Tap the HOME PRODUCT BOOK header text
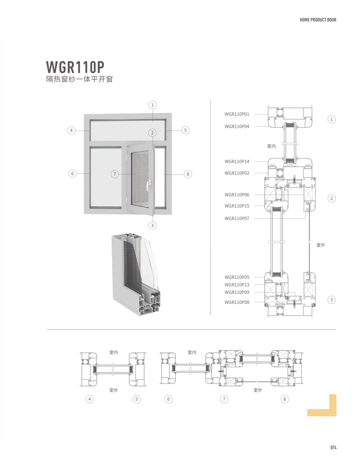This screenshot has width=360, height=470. pyautogui.click(x=318, y=20)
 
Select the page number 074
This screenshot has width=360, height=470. pyautogui.click(x=333, y=447)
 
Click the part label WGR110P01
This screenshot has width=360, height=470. pyautogui.click(x=237, y=114)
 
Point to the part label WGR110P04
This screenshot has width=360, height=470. pyautogui.click(x=237, y=127)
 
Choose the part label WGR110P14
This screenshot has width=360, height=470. pyautogui.click(x=237, y=162)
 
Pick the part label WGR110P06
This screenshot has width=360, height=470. pyautogui.click(x=237, y=195)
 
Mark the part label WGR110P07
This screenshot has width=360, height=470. pyautogui.click(x=237, y=219)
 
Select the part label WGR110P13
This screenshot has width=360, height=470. pyautogui.click(x=237, y=285)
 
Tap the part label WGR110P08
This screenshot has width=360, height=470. pyautogui.click(x=237, y=302)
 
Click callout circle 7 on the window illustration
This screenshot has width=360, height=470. pyautogui.click(x=115, y=174)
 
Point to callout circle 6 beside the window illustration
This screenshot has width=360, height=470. pyautogui.click(x=72, y=173)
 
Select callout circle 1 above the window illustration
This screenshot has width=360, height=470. pyautogui.click(x=152, y=105)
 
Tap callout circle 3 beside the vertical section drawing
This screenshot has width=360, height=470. pyautogui.click(x=331, y=300)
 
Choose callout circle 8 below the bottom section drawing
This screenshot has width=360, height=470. pyautogui.click(x=285, y=399)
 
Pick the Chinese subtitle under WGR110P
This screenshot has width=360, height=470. pyautogui.click(x=79, y=79)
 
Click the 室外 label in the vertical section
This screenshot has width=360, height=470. pyautogui.click(x=321, y=245)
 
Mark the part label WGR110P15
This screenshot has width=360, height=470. pyautogui.click(x=237, y=206)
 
